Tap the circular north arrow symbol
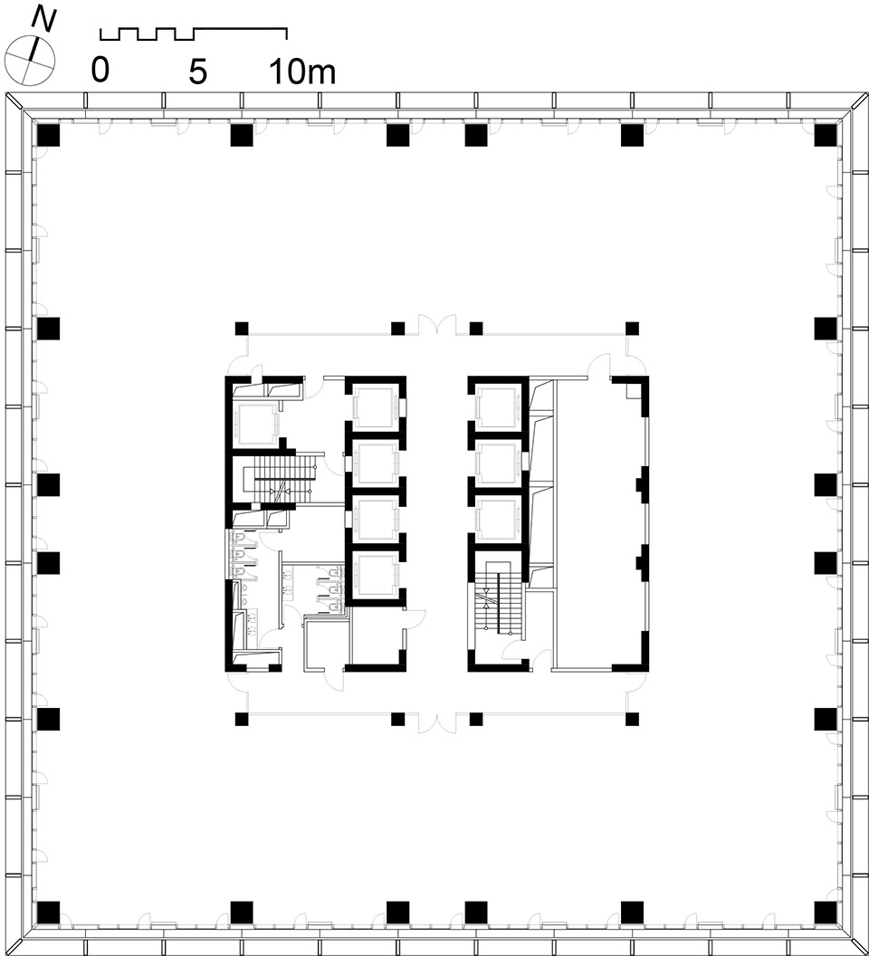pyautogui.click(x=30, y=60)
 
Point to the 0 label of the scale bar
pyautogui.click(x=100, y=70)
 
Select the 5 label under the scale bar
pyautogui.click(x=197, y=71)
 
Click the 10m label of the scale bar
pyautogui.click(x=302, y=71)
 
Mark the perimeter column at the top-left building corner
pyautogui.click(x=48, y=135)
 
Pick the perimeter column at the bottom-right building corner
pyautogui.click(x=826, y=913)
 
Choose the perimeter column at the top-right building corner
pyautogui.click(x=826, y=135)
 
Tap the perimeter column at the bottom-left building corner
pyautogui.click(x=48, y=913)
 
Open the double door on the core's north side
pyautogui.click(x=436, y=324)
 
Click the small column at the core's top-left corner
pyautogui.click(x=242, y=329)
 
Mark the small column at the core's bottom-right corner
pyautogui.click(x=632, y=719)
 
